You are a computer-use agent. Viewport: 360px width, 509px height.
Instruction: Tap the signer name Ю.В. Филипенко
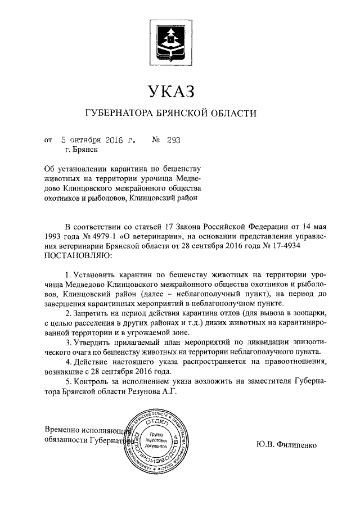tap(285, 445)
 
